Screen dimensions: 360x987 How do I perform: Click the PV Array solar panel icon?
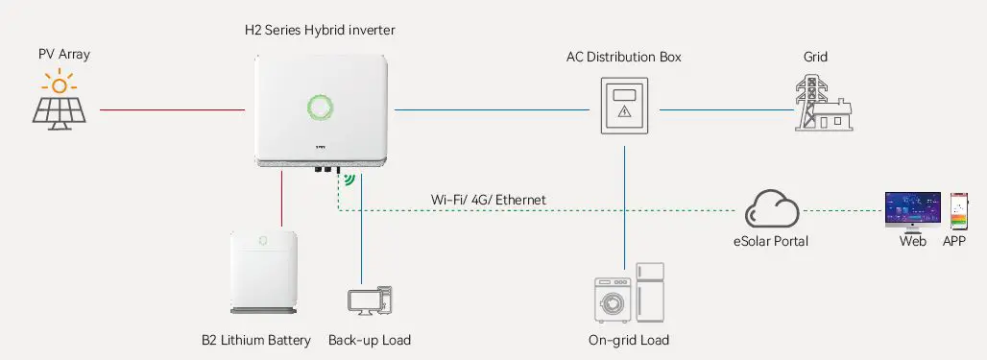point(60,109)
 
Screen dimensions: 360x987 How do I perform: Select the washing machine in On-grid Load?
point(611,300)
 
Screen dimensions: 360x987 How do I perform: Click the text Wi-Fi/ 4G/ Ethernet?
point(489,200)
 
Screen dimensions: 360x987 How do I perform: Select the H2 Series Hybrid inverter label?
point(320,31)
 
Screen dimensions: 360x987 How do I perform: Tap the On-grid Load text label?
point(628,340)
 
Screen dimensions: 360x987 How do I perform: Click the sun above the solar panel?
point(60,85)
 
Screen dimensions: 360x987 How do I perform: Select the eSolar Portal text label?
point(770,241)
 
